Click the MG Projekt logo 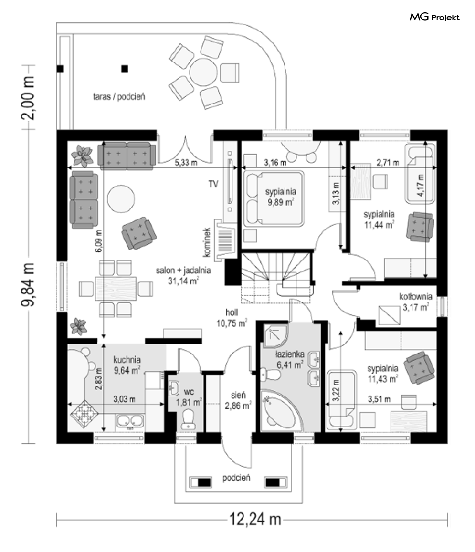click(x=434, y=18)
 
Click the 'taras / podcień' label click(x=119, y=97)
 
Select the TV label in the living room click(x=213, y=184)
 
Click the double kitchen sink click(x=129, y=422)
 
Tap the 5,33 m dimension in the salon click(x=186, y=163)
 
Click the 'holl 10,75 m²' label click(x=235, y=318)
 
